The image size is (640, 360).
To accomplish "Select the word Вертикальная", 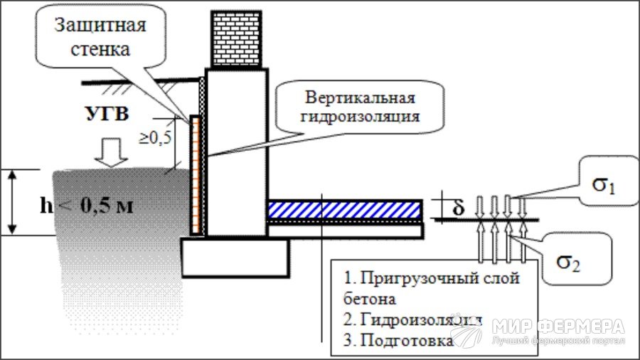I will pyautogui.click(x=360, y=97).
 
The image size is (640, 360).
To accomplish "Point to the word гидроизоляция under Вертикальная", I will pyautogui.click(x=360, y=115).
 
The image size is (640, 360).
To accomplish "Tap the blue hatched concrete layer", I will pyautogui.click(x=344, y=209).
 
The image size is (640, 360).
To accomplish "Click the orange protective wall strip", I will pyautogui.click(x=194, y=174).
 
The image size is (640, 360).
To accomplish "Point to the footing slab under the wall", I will pyautogui.click(x=235, y=255).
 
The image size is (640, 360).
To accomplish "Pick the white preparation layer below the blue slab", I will pyautogui.click(x=346, y=229).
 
